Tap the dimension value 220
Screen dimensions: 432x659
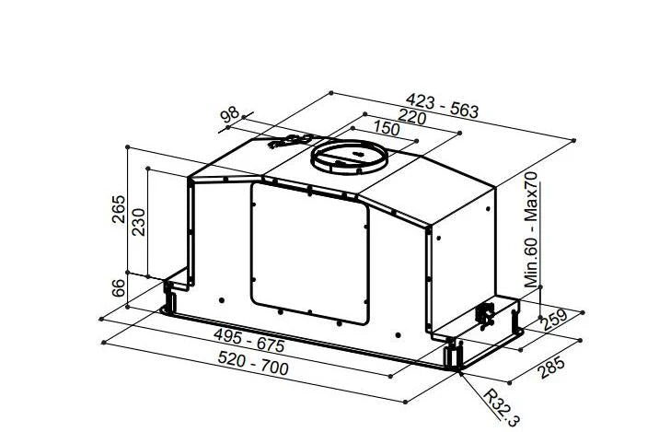(x=411, y=118)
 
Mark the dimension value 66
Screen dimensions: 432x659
(x=118, y=287)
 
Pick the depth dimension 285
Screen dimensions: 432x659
(x=551, y=368)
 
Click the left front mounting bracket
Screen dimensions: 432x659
(x=171, y=296)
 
